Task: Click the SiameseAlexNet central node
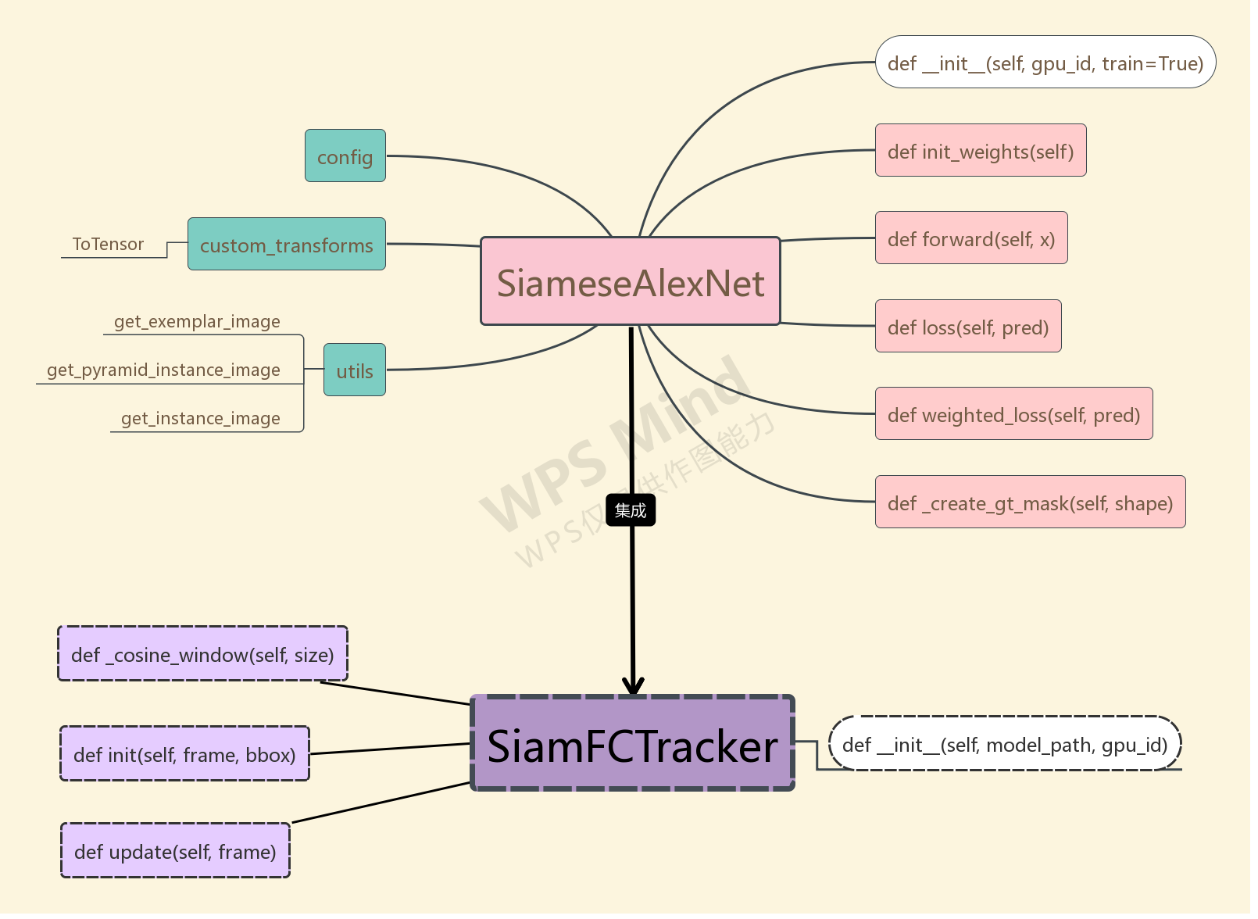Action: pos(630,281)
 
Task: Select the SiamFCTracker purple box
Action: pos(632,743)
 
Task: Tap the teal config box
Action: pos(345,156)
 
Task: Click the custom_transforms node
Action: pos(286,245)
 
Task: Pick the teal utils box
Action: pos(354,370)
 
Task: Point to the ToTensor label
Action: pos(108,245)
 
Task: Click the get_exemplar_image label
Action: pos(197,322)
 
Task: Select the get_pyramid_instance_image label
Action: pos(163,370)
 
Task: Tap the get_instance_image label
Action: pos(200,419)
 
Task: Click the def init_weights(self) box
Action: pos(980,151)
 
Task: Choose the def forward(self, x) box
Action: pos(970,238)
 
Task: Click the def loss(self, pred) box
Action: pos(967,327)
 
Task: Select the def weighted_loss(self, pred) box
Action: pos(1013,414)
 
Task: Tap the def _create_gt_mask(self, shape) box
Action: pos(1029,502)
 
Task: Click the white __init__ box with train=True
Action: pos(1045,63)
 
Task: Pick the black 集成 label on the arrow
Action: pos(630,510)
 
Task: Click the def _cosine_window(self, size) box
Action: pos(202,654)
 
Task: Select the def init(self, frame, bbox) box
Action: pos(184,754)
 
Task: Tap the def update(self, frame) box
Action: pos(175,851)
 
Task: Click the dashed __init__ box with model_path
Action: pos(1004,744)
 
